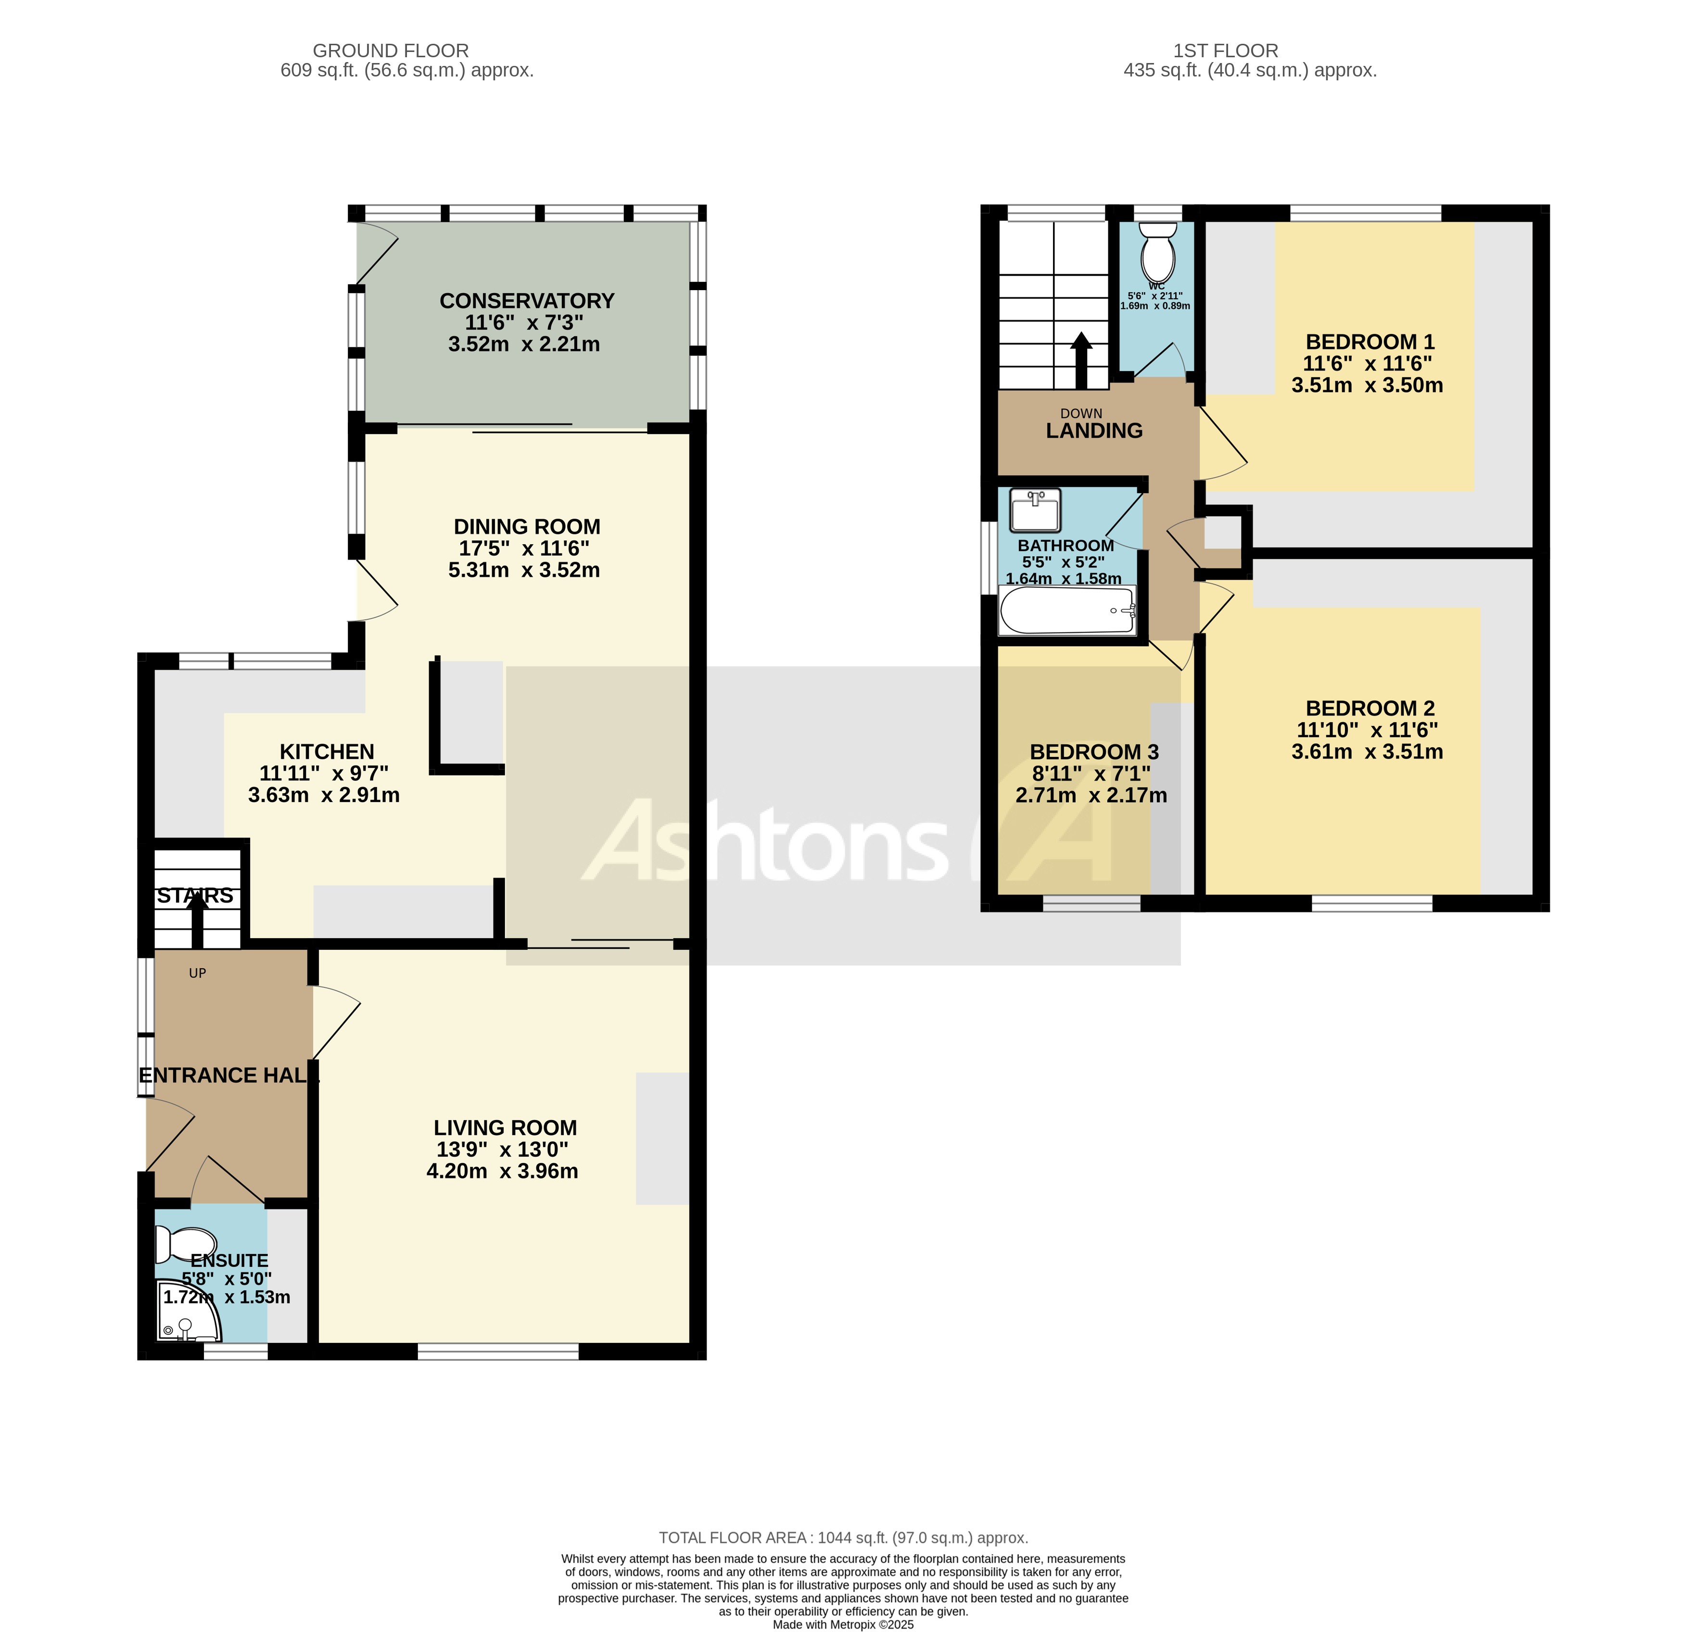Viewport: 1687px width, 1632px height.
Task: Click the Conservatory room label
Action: click(x=527, y=301)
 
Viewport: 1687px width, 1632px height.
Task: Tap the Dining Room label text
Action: click(x=527, y=527)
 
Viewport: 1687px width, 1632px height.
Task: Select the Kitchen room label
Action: click(x=327, y=752)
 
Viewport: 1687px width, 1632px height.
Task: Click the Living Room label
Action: click(x=505, y=1128)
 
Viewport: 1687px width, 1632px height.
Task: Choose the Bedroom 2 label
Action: click(x=1370, y=708)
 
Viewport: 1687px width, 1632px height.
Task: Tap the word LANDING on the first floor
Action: click(x=1094, y=431)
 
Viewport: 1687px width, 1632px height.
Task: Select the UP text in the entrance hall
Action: click(x=197, y=973)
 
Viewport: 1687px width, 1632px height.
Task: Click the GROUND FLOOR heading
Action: click(x=391, y=51)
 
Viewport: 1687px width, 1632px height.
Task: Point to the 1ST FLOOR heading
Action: click(x=1226, y=51)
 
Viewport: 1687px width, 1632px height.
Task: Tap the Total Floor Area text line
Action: click(x=844, y=1537)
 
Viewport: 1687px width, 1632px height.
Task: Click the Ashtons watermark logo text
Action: click(x=848, y=839)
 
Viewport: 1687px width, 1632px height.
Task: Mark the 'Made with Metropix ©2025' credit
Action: click(x=844, y=1624)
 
